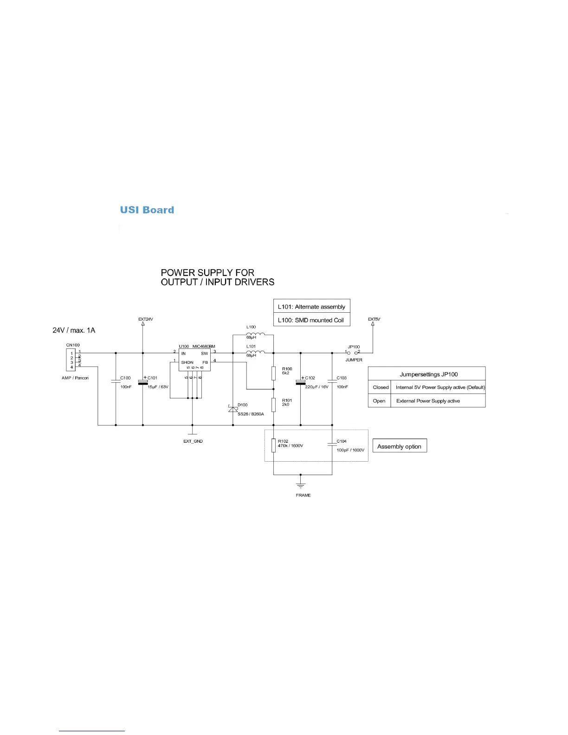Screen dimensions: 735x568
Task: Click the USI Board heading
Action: tap(147, 210)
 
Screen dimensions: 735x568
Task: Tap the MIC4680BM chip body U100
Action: tap(194, 360)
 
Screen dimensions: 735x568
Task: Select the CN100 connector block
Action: tap(71, 360)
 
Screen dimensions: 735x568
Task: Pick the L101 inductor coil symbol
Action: tap(255, 352)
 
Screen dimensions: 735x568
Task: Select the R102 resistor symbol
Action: tap(274, 445)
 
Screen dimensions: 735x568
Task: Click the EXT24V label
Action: tap(145, 319)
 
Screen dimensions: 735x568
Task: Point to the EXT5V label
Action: tap(374, 319)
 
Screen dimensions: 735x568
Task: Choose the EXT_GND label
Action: tap(193, 441)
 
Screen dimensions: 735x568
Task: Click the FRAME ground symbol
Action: tap(301, 485)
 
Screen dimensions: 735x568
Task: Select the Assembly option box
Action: tap(400, 446)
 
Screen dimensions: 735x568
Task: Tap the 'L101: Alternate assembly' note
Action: tap(311, 307)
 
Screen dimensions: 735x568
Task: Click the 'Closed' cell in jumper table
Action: tap(381, 387)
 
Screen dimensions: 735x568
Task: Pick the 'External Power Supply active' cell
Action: tap(428, 401)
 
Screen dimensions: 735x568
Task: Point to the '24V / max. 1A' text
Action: tap(74, 330)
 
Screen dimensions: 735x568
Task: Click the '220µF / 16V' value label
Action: tap(316, 387)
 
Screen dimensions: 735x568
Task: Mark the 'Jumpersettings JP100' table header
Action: tap(429, 374)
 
